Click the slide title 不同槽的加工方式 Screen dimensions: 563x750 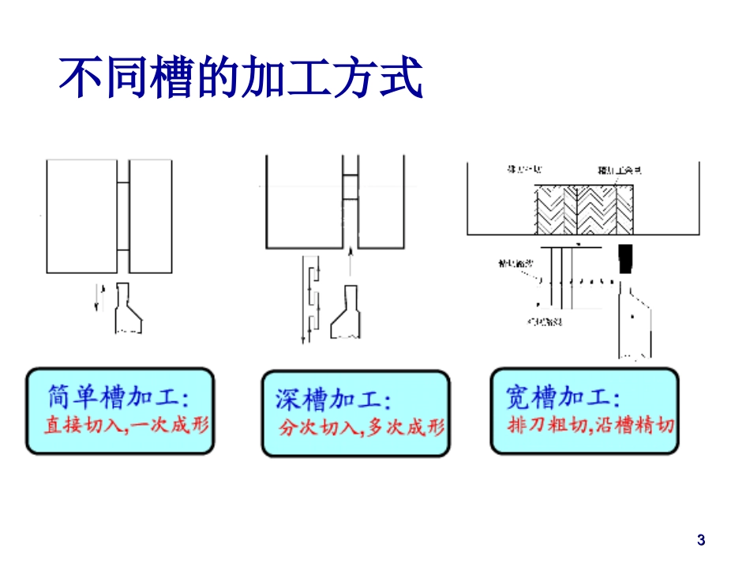(241, 77)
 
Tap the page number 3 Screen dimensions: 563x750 (701, 540)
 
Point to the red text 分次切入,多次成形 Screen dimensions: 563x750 (362, 427)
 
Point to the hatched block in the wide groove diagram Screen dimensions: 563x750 (585, 208)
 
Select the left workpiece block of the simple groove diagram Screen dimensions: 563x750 (82, 216)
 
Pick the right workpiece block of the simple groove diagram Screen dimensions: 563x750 (150, 216)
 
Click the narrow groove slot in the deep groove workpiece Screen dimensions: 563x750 (349, 201)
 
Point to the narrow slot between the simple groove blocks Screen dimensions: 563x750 (123, 216)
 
